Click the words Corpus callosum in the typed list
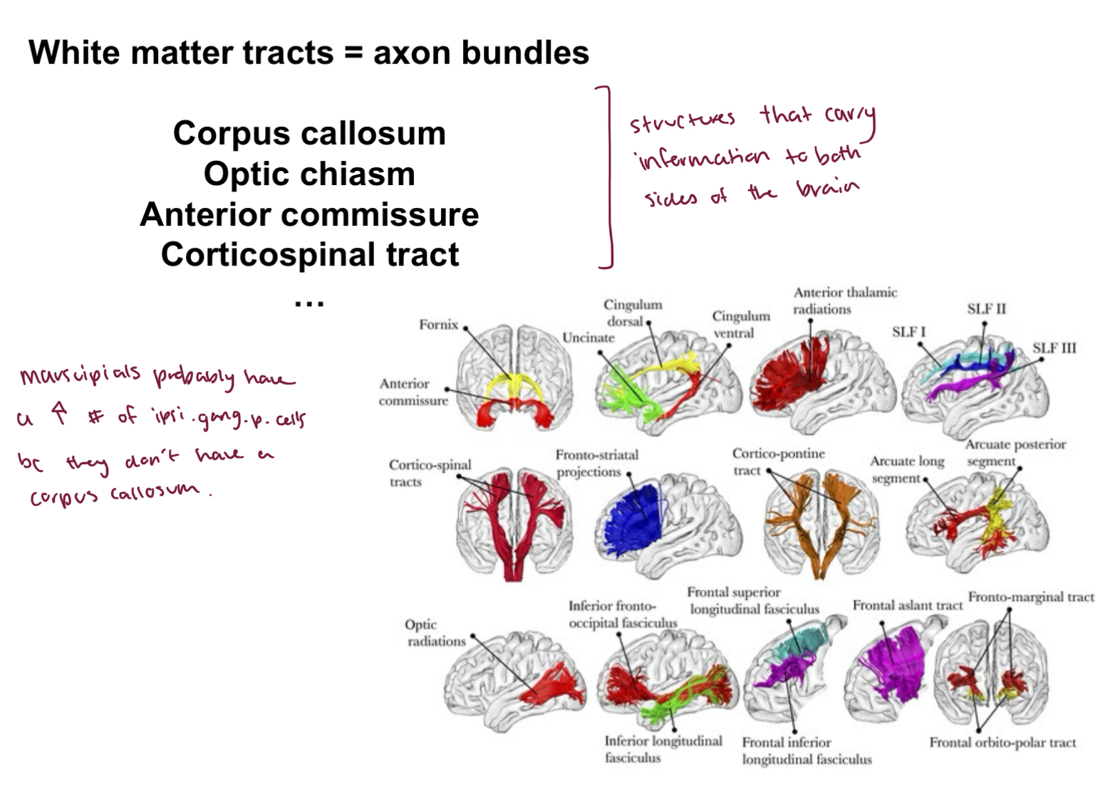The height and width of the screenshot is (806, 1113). click(x=309, y=134)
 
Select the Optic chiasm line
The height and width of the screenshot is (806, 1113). click(x=309, y=174)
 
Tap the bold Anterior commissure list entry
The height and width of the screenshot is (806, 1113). click(x=309, y=214)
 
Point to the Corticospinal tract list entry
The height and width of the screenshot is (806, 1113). click(x=309, y=255)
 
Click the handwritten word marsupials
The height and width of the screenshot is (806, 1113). click(x=80, y=375)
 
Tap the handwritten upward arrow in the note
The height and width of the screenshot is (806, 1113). click(x=60, y=412)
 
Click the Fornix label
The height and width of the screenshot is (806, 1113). click(x=438, y=325)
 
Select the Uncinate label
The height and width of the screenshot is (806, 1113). click(x=588, y=337)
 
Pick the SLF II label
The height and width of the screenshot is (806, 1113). click(x=986, y=309)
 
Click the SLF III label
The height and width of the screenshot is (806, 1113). click(x=1054, y=348)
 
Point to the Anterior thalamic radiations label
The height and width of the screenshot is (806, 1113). click(x=844, y=300)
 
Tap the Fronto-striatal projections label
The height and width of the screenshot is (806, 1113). click(x=596, y=464)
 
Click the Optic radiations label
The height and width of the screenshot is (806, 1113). click(x=435, y=633)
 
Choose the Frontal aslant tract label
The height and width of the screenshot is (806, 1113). click(x=907, y=606)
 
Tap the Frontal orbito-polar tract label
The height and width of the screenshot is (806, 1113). click(x=1002, y=743)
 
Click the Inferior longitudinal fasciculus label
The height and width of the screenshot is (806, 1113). click(x=663, y=750)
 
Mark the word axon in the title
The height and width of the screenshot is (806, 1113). click(x=413, y=53)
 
